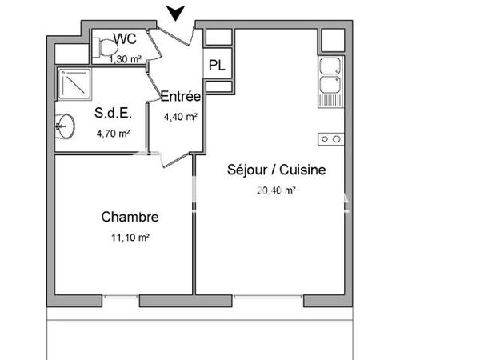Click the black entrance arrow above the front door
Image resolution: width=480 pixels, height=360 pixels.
[x=177, y=12]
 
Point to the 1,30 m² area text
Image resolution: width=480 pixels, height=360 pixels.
[x=126, y=57]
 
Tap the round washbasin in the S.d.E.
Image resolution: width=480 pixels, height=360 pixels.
[x=66, y=125]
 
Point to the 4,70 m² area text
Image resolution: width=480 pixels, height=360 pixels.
[x=113, y=134]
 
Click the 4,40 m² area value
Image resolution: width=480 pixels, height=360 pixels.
[x=180, y=117]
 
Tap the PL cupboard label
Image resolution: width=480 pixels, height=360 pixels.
[x=216, y=66]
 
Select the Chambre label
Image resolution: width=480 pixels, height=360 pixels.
[x=129, y=217]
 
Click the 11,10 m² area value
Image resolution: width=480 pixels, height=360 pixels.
[x=130, y=237]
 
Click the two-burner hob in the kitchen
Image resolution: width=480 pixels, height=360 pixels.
[x=330, y=138]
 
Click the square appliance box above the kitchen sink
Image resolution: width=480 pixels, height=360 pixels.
[x=330, y=38]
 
